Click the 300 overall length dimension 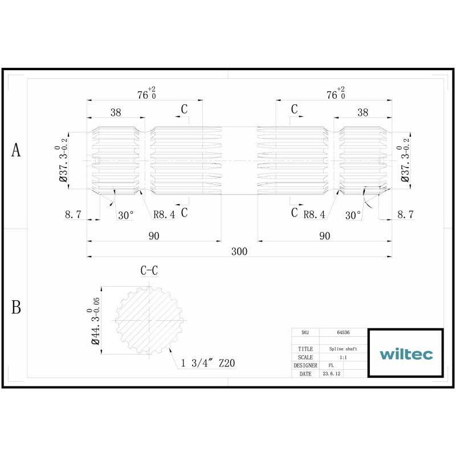239,251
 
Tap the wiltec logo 406,354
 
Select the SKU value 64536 343,332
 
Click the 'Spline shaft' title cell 343,349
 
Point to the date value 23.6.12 331,374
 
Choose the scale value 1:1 343,357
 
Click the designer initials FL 331,365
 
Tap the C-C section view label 149,270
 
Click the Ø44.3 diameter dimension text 94,321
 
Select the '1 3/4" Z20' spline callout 207,363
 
